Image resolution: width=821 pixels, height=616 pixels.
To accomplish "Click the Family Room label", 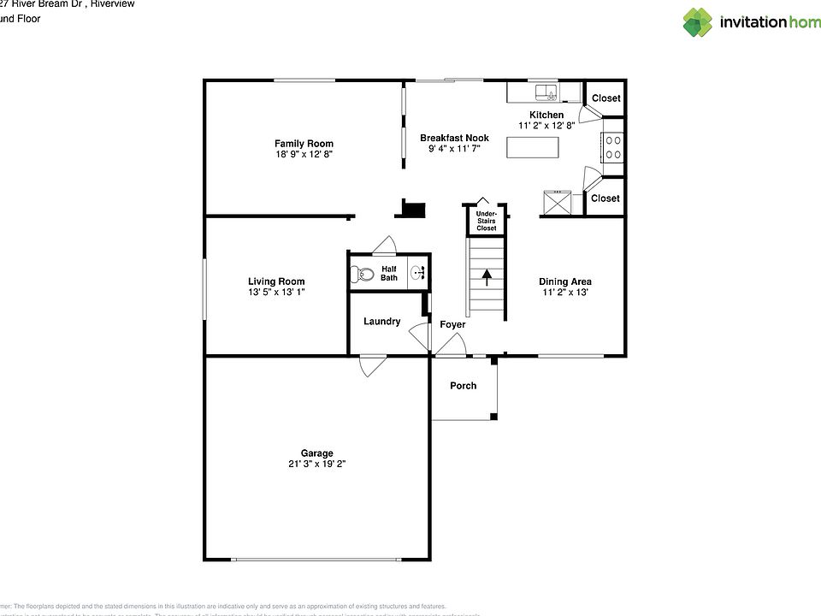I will [304, 144].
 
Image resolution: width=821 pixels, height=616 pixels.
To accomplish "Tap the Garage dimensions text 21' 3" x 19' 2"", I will [316, 465].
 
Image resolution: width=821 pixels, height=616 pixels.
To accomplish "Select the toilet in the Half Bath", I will [362, 275].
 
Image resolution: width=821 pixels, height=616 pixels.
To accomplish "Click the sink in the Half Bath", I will [418, 274].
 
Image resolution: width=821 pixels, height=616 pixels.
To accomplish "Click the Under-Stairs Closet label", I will [486, 221].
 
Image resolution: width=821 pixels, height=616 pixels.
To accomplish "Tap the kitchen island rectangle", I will [533, 147].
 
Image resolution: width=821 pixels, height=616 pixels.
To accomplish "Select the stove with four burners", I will [613, 147].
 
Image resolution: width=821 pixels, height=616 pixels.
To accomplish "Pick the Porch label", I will [464, 386].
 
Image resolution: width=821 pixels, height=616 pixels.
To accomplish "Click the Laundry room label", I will [381, 322].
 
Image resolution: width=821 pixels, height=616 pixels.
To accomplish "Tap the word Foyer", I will [452, 325].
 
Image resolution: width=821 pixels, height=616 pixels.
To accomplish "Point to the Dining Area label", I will [564, 281].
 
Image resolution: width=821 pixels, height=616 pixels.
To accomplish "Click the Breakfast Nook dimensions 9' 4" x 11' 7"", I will [454, 149].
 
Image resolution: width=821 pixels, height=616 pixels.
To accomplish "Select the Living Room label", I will [276, 281].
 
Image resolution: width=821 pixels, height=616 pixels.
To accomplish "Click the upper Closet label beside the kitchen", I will [605, 98].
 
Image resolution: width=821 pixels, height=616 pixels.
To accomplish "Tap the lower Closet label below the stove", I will [605, 198].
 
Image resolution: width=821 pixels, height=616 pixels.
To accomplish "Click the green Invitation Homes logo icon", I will [697, 22].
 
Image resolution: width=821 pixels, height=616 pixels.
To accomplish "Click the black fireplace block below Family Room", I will [414, 208].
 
